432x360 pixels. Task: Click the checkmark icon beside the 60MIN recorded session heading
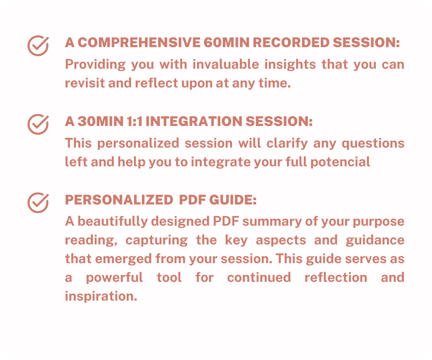38,46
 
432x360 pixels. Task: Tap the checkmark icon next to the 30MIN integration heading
38,124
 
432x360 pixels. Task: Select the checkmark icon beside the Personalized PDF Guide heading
38,203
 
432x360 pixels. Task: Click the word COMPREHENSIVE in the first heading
139,42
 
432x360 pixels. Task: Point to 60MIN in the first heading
226,42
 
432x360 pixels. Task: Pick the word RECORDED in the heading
291,42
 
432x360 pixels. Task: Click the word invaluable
226,64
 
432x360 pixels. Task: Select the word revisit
85,83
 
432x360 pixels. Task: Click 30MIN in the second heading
100,121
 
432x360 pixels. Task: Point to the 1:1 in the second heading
135,121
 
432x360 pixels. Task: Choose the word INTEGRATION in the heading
194,121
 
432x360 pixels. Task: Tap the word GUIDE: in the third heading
233,200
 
